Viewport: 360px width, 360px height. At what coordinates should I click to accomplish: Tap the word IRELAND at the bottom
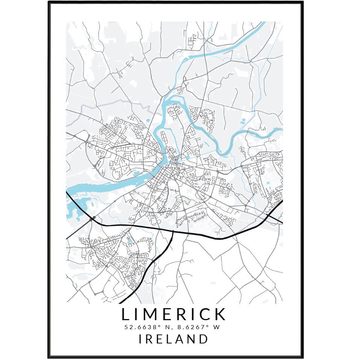(174, 339)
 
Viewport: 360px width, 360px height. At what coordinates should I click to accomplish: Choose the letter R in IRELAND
(150, 339)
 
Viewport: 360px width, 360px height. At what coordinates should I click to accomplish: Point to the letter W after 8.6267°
(216, 327)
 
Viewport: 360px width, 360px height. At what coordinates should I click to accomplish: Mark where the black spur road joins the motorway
(173, 231)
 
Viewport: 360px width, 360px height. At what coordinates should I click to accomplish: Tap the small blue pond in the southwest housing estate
(129, 239)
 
